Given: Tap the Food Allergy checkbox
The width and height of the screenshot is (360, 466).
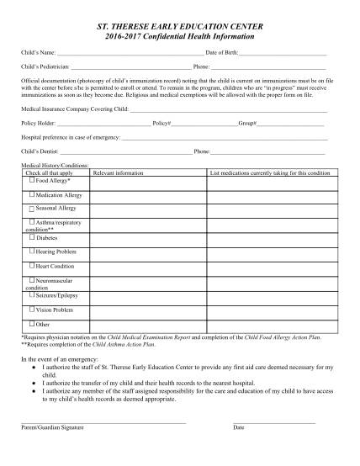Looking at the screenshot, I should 32,180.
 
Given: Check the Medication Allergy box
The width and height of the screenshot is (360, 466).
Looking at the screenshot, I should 32,194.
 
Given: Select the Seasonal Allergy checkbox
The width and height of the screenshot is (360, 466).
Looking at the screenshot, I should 32,208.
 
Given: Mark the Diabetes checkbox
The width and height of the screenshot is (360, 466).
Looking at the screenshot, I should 32,238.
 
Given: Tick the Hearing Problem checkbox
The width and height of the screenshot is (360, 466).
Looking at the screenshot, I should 32,251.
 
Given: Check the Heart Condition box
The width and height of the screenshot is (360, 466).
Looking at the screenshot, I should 32,266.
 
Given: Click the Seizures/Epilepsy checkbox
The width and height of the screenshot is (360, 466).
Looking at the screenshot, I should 32,295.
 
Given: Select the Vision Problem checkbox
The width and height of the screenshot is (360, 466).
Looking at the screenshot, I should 32,309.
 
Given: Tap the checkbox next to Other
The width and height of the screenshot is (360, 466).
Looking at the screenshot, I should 32,324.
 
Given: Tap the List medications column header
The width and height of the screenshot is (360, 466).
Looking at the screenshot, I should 270,172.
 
